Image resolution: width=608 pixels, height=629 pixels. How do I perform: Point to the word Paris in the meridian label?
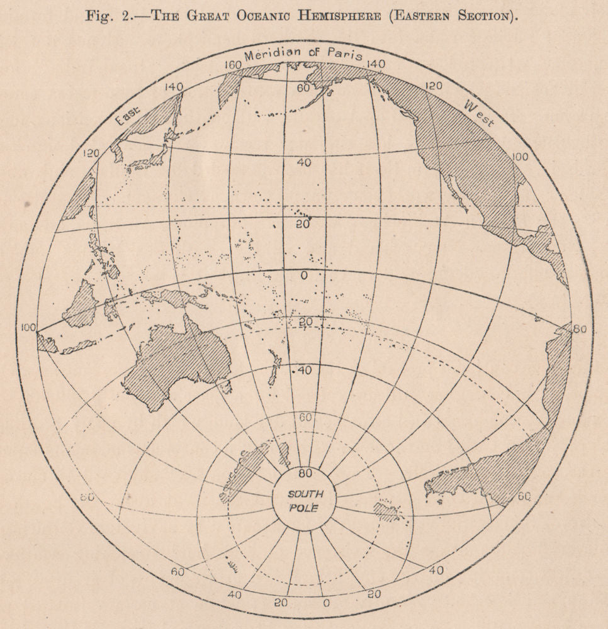pyautogui.click(x=344, y=55)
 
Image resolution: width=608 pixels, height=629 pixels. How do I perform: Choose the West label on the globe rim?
pyautogui.click(x=478, y=113)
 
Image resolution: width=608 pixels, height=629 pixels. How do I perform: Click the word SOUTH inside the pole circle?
pyautogui.click(x=305, y=494)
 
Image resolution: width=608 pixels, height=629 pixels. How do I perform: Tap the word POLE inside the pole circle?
pyautogui.click(x=305, y=508)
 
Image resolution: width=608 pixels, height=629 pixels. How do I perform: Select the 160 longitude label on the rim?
pyautogui.click(x=235, y=65)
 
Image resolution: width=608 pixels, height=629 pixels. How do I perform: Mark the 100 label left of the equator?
pyautogui.click(x=28, y=327)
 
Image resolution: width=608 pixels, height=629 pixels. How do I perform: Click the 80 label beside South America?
pyautogui.click(x=580, y=328)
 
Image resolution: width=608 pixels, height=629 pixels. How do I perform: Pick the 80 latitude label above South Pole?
pyautogui.click(x=305, y=473)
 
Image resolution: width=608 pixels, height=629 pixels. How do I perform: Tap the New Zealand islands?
pyautogui.click(x=274, y=368)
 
